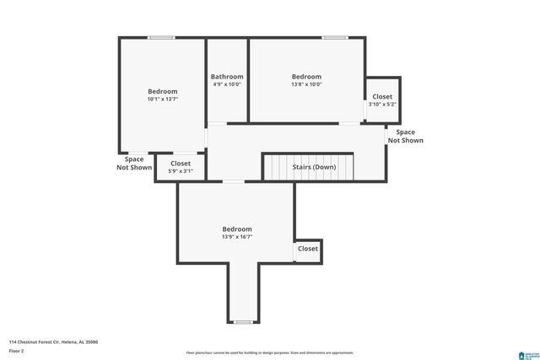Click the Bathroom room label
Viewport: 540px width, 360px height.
227,77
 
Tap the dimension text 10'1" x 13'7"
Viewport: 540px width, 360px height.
163,99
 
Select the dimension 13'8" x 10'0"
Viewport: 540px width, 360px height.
306,84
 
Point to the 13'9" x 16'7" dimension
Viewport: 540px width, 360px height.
236,237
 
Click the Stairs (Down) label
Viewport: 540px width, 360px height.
314,167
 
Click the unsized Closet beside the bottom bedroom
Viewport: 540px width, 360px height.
308,249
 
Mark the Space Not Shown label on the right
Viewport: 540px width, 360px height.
405,136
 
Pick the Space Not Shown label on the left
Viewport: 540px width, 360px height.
134,163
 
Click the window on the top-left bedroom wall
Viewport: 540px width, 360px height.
162,37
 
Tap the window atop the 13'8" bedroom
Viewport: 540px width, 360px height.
334,37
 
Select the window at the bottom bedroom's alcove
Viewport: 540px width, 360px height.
243,322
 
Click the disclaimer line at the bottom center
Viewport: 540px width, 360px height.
269,352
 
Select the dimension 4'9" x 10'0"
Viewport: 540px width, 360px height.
227,84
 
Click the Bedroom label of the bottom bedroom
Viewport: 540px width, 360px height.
236,229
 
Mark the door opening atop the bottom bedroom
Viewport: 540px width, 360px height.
234,181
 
